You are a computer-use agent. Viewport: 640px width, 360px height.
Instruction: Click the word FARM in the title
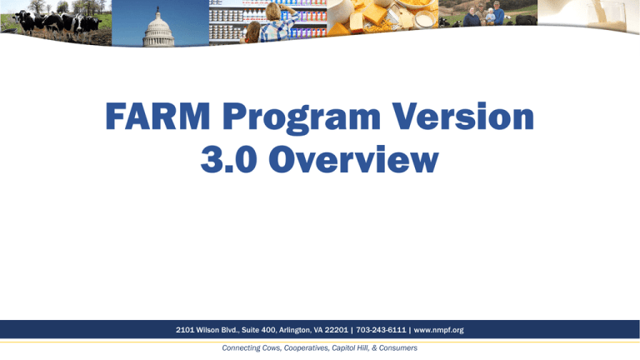click(157, 117)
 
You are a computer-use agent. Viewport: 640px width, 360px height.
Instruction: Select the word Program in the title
click(302, 119)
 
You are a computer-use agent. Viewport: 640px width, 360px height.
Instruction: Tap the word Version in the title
click(463, 117)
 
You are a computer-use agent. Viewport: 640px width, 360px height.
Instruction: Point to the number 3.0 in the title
click(228, 159)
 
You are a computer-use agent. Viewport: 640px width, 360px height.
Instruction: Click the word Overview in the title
click(353, 159)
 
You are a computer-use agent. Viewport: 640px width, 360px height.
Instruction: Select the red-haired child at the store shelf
click(252, 32)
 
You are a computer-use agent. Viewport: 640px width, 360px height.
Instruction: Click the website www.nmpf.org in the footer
click(439, 330)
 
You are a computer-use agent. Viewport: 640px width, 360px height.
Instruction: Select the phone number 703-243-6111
click(381, 330)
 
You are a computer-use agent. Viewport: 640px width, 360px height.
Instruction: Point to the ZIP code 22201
click(337, 330)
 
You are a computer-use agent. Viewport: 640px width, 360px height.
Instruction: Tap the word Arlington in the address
click(294, 330)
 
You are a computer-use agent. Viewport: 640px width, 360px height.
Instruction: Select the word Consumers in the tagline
click(398, 348)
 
